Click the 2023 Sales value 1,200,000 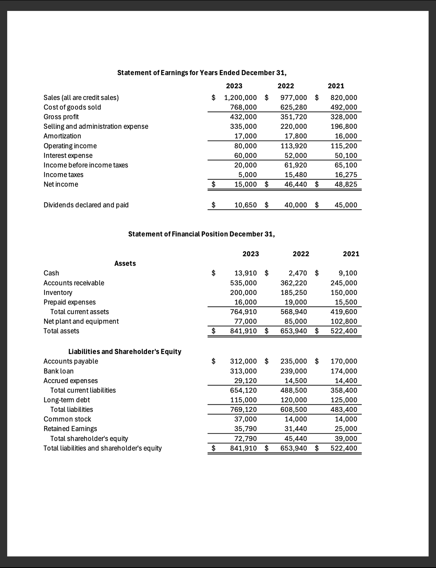(x=240, y=98)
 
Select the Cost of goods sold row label (x=72, y=107)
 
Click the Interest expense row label (x=68, y=155)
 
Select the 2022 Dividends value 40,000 (x=296, y=205)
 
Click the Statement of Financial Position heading (x=201, y=234)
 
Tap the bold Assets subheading (x=125, y=263)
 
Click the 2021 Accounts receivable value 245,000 (x=344, y=283)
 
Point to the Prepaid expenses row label (x=70, y=302)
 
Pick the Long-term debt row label (x=67, y=400)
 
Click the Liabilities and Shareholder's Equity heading (x=125, y=352)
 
